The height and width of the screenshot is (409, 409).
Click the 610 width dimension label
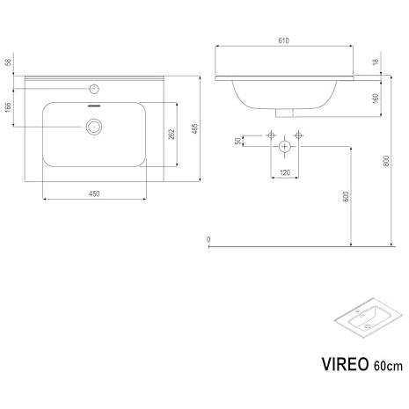point(283,40)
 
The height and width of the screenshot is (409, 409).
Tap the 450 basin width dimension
point(94,194)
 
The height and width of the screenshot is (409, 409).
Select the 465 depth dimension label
point(195,128)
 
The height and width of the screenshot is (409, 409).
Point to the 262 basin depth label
point(172,134)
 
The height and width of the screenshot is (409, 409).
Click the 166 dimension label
point(8,107)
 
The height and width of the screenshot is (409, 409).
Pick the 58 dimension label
point(8,62)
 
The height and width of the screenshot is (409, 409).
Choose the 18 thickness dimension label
point(376,62)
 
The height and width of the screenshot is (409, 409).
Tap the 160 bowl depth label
point(376,99)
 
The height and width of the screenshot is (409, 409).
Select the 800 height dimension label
point(386,161)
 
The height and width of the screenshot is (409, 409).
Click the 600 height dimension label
point(346,196)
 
